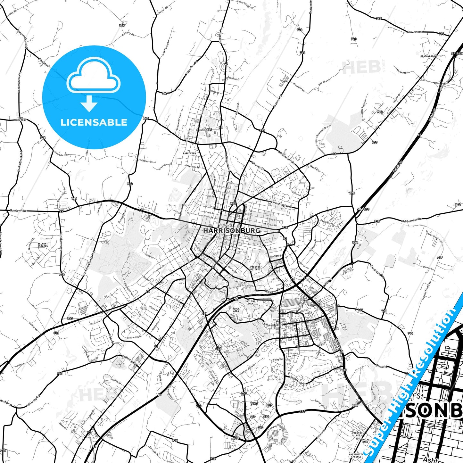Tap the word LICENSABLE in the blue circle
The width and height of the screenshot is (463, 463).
(x=94, y=122)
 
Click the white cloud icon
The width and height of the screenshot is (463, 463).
(x=93, y=76)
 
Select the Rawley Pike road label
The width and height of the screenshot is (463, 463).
(x=19, y=211)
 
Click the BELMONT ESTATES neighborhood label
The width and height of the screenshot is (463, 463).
(x=43, y=245)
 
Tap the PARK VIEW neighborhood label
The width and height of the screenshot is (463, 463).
(x=189, y=153)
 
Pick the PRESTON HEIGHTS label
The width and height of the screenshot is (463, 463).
(x=255, y=268)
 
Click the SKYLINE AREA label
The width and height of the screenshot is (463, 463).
(x=250, y=302)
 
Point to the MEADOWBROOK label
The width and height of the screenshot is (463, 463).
(x=428, y=56)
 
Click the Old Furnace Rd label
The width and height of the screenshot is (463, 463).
(x=411, y=220)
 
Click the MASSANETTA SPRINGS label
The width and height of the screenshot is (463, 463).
(x=356, y=455)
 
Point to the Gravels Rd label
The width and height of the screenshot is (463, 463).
(x=414, y=32)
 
